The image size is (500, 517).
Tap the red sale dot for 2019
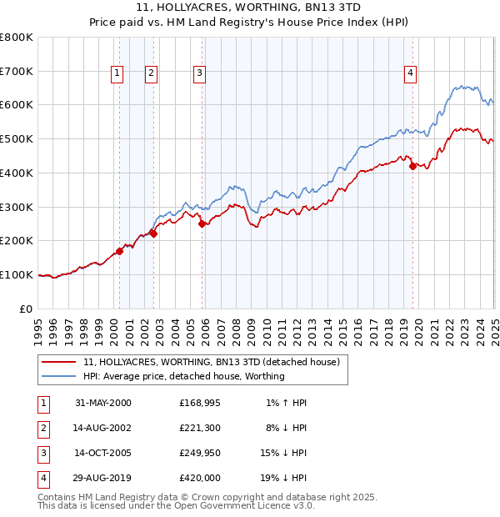(412, 166)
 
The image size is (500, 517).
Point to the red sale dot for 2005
(202, 223)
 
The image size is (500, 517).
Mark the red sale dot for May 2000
(120, 250)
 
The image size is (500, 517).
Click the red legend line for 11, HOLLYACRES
(59, 363)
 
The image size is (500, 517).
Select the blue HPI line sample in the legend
(59, 377)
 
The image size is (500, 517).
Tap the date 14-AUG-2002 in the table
(103, 428)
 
